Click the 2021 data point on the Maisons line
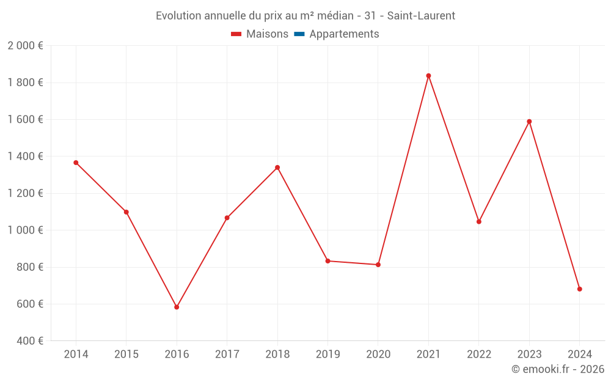click(x=428, y=76)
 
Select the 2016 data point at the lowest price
click(x=177, y=307)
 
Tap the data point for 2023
click(x=529, y=122)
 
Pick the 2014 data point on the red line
click(x=76, y=163)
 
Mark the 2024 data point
click(x=579, y=289)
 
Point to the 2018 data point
click(x=277, y=167)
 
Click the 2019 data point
click(x=327, y=261)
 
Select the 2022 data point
click(x=479, y=221)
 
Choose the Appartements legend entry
click(x=344, y=34)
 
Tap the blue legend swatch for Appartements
click(x=299, y=34)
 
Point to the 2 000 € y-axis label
click(x=25, y=46)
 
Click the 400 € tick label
click(x=30, y=341)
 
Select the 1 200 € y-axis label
click(x=25, y=193)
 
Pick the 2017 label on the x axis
click(x=227, y=354)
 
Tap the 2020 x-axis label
click(x=378, y=354)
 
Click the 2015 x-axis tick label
click(x=126, y=354)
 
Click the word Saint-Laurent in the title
click(x=421, y=16)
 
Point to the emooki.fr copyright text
click(x=558, y=369)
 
